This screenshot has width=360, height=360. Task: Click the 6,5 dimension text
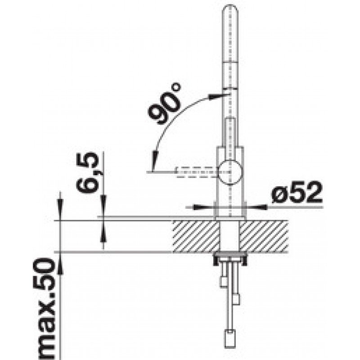point(87,171)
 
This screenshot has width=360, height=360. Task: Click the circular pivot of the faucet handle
point(230,172)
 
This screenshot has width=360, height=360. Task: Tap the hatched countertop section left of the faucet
point(196,237)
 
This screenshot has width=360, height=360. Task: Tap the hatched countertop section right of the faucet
point(264,237)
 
